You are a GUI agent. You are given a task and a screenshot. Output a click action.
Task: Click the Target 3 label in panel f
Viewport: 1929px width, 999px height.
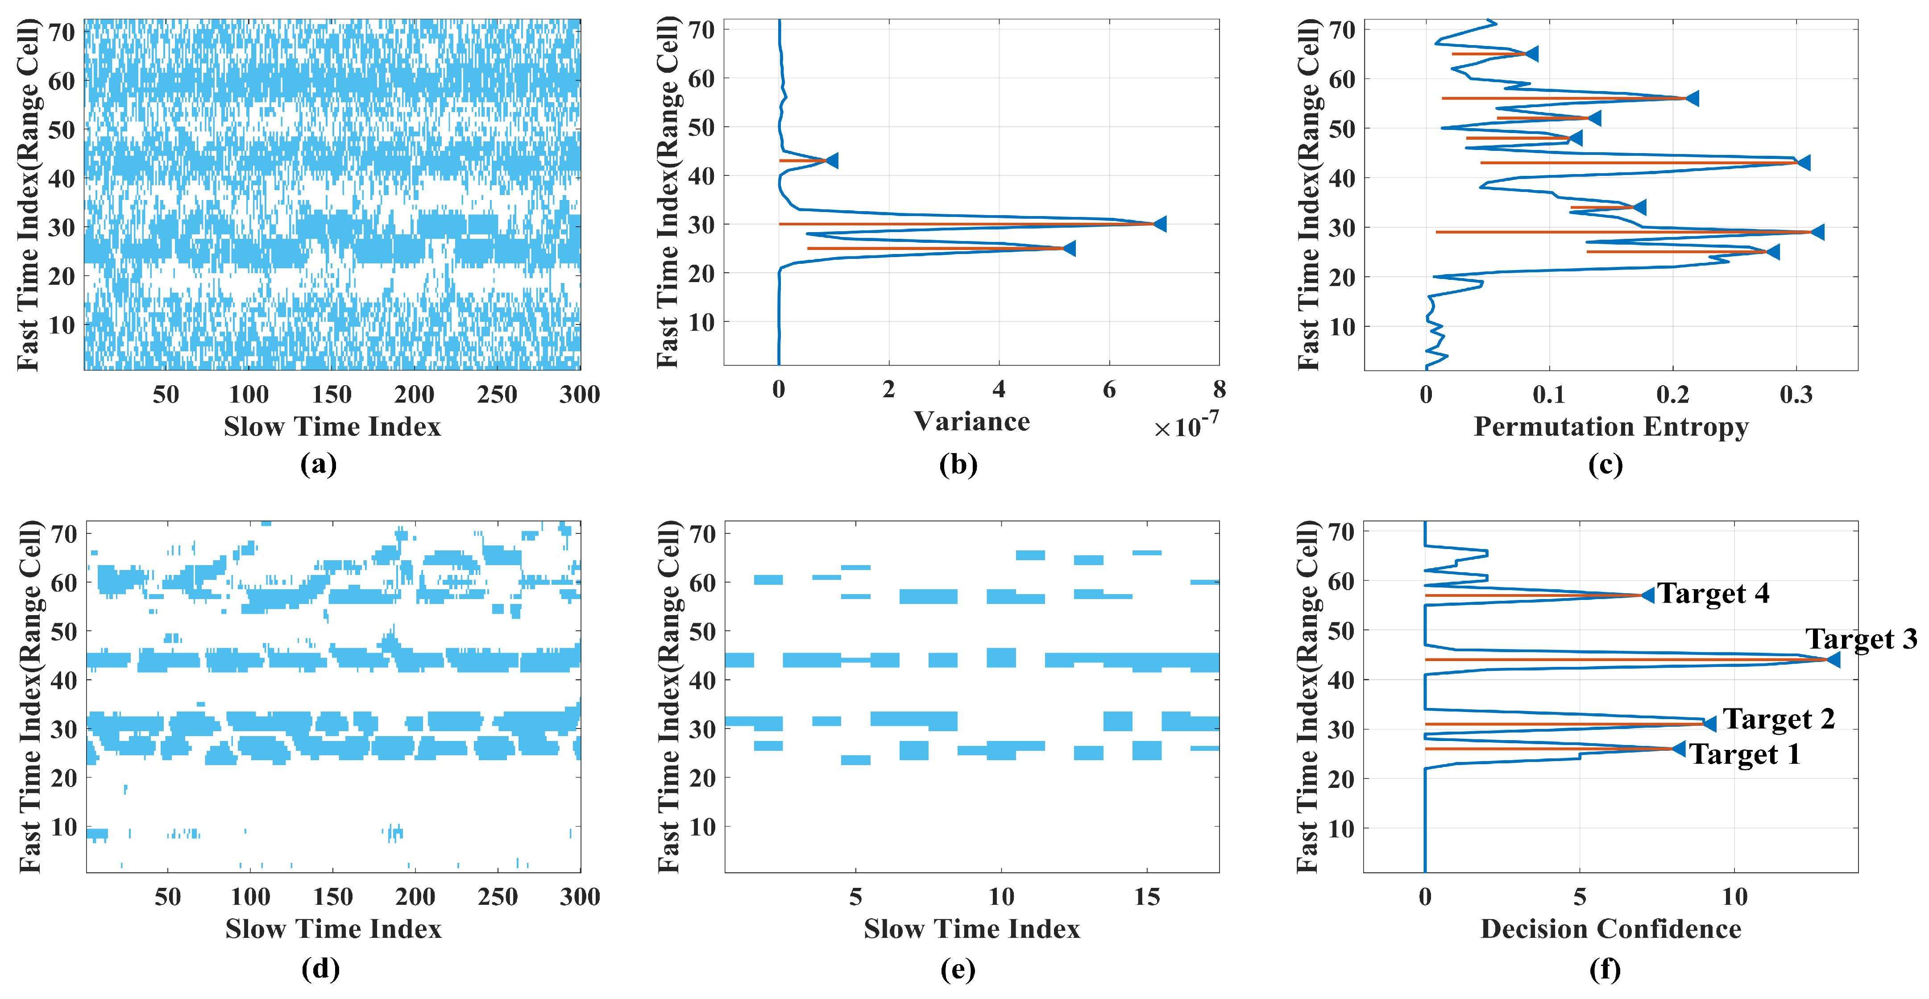1861,639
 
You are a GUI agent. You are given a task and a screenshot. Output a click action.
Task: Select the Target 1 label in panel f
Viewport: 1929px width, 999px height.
1745,754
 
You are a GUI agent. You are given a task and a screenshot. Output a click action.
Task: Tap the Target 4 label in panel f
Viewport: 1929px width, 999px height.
1713,593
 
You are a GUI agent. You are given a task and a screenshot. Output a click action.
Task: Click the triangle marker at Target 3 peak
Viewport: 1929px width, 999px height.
1833,660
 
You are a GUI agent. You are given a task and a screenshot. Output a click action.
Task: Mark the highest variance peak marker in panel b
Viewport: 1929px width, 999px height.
1159,224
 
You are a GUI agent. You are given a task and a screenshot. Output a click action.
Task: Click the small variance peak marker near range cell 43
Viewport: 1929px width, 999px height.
831,160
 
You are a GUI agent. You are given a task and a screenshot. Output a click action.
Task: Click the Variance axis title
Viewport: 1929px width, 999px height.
971,422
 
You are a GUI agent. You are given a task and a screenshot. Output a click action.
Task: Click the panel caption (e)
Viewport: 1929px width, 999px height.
958,969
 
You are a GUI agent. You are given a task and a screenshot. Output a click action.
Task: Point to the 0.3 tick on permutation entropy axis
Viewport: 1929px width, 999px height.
1795,395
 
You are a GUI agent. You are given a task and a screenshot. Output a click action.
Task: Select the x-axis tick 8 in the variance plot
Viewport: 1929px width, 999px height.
1219,389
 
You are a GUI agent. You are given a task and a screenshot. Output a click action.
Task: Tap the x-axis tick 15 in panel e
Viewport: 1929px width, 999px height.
1146,896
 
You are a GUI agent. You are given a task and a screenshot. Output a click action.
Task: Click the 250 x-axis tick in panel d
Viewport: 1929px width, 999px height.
497,896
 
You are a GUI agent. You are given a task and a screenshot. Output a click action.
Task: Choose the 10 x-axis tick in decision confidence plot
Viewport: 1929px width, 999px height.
1734,896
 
